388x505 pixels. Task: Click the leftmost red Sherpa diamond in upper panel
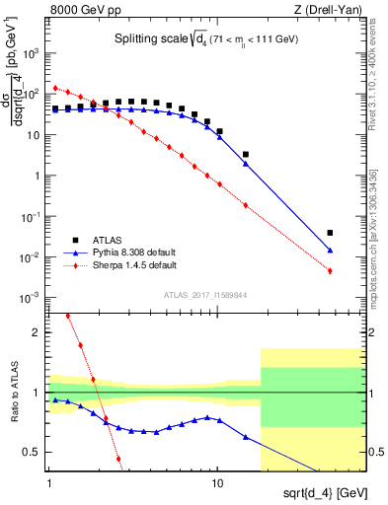pos(55,88)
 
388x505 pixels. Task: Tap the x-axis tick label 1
pos(49,483)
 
